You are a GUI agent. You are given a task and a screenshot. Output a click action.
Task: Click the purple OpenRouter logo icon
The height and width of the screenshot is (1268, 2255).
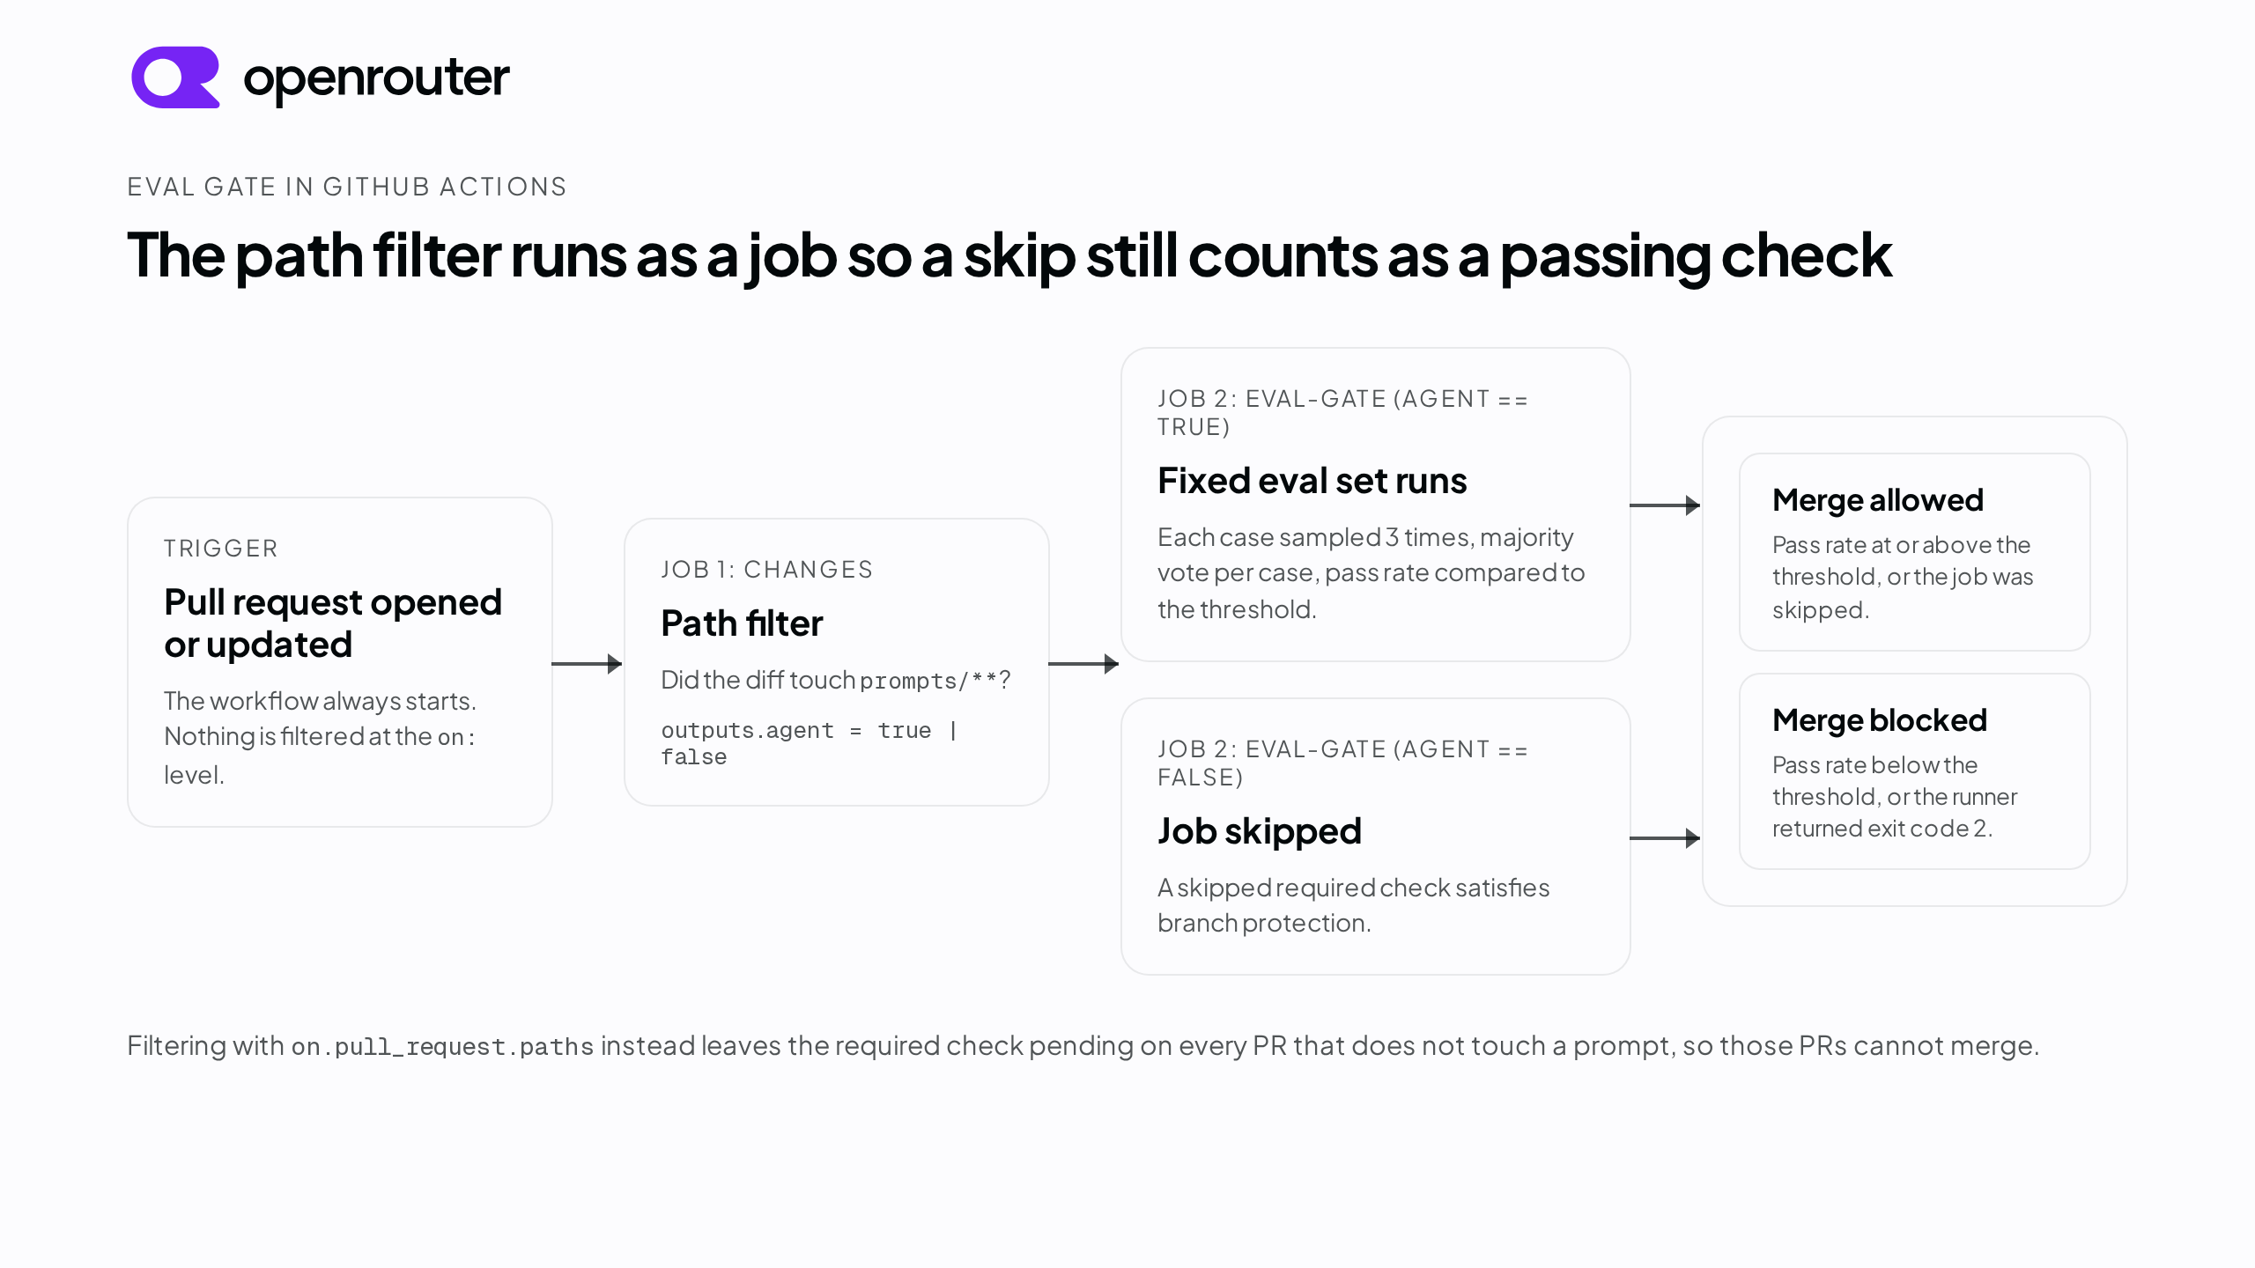click(x=175, y=77)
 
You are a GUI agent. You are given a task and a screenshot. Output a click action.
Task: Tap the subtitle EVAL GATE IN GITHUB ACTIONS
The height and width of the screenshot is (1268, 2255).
click(x=347, y=187)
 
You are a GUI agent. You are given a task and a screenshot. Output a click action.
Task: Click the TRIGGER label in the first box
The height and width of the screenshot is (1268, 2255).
click(x=221, y=549)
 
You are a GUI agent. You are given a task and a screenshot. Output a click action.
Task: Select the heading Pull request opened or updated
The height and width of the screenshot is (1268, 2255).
click(x=333, y=623)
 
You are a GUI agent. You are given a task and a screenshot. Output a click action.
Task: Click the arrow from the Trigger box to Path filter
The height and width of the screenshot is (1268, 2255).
click(x=588, y=664)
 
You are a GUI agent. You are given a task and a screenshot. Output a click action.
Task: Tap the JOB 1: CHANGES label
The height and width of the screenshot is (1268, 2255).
click(x=767, y=570)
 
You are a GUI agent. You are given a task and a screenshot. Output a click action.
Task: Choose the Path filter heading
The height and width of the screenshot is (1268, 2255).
click(x=742, y=623)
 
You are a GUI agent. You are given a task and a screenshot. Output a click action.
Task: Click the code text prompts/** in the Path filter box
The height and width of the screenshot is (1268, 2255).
click(x=928, y=681)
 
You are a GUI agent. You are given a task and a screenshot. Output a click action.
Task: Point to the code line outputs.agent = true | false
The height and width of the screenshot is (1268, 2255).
click(x=810, y=743)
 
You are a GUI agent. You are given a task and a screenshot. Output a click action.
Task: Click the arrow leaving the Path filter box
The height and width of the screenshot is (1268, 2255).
click(x=1084, y=664)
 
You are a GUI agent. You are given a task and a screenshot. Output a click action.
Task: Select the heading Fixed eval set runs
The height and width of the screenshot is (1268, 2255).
click(x=1312, y=481)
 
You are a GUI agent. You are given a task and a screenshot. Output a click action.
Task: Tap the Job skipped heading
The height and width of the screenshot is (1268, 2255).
click(x=1260, y=831)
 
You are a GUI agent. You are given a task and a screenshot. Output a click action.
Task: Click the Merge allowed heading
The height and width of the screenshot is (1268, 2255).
click(x=1878, y=500)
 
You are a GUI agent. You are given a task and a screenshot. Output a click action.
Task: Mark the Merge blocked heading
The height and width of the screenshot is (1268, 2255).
click(x=1880, y=720)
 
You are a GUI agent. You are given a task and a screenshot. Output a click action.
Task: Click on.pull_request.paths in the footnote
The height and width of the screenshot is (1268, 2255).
click(x=443, y=1047)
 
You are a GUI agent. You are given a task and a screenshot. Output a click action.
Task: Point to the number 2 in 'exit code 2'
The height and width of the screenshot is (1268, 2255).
click(x=1980, y=829)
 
